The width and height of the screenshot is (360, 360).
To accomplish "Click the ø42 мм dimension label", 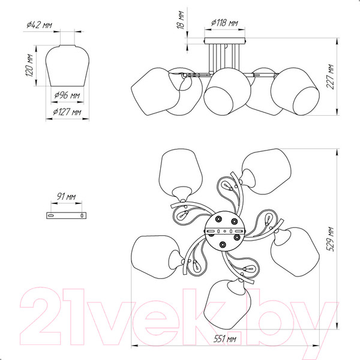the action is [x=39, y=25].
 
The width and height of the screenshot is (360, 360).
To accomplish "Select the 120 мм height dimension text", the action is [x=29, y=65].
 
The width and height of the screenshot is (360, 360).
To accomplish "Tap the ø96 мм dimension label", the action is [x=67, y=95].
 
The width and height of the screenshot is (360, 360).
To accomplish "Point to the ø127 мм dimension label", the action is [x=67, y=112].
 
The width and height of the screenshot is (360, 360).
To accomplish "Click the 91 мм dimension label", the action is [x=66, y=197].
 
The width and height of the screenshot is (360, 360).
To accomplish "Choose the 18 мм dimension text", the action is [x=181, y=20].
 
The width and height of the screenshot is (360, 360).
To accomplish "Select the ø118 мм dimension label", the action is [x=224, y=23].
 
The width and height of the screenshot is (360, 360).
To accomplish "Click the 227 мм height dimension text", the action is [x=330, y=77].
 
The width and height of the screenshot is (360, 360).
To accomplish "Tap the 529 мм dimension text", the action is [x=330, y=239].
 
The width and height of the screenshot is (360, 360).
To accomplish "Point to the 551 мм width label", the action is [x=225, y=338].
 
